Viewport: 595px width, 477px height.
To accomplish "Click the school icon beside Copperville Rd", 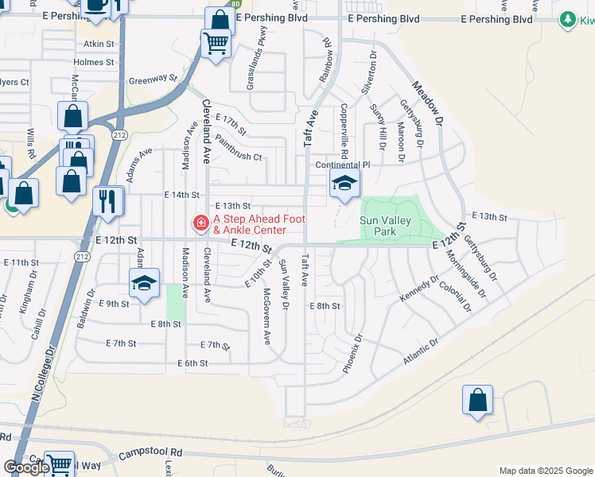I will [344, 185].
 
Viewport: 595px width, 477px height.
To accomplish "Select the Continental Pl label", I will [343, 165].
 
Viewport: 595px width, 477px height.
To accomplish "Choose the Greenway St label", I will [153, 79].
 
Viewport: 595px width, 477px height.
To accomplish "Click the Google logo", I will [26, 467].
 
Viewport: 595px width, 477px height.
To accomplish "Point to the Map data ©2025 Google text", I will [545, 471].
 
